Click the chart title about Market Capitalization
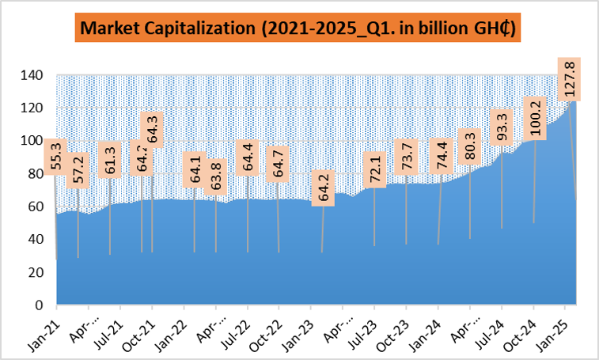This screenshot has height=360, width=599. (299, 29)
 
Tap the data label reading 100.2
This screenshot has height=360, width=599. (536, 119)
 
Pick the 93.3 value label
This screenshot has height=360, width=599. (502, 127)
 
